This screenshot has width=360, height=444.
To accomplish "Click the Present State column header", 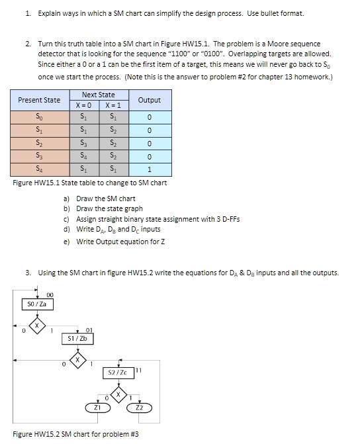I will (x=39, y=100).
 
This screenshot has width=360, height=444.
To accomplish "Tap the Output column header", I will (x=150, y=100).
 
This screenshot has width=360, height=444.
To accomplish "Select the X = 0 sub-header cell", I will (x=83, y=105).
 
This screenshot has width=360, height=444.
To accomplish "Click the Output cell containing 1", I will (x=150, y=169).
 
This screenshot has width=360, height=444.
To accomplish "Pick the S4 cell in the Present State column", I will (x=39, y=169).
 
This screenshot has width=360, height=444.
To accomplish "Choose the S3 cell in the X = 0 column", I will (x=83, y=142).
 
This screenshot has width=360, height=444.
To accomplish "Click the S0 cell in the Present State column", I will (x=39, y=116).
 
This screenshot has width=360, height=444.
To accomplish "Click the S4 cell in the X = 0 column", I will (x=83, y=156).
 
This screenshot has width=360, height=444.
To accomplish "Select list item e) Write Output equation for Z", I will (x=112, y=242).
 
